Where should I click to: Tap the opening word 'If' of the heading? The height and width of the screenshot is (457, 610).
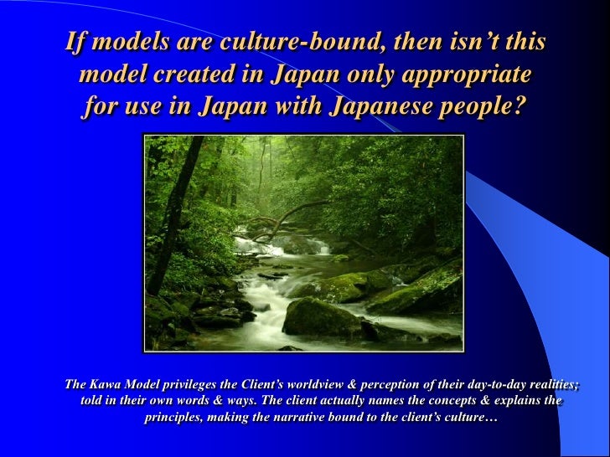76,43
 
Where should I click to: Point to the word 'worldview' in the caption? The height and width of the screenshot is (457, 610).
312,386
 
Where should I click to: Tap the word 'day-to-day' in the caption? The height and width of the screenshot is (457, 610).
497,386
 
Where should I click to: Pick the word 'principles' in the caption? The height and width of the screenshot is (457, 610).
173,416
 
